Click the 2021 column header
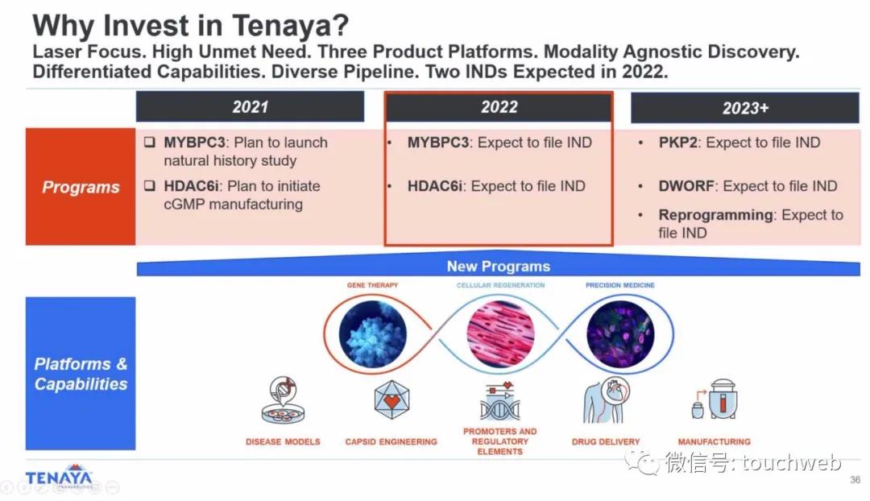coord(251,106)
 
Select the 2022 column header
coord(499,107)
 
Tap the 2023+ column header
coord(745,108)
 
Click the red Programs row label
coord(81,187)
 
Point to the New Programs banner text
coord(499,267)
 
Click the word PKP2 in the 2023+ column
coord(677,143)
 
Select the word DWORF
coord(686,186)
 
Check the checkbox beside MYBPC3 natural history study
coord(150,142)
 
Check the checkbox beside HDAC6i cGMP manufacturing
coord(150,185)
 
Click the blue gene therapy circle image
coord(372,334)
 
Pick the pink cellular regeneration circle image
coord(500,334)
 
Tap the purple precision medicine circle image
coord(620,334)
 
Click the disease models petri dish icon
coord(283,400)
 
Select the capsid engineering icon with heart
coord(391,400)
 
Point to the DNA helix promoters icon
coord(500,401)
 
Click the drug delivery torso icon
coord(607,400)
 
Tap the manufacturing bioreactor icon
coord(715,400)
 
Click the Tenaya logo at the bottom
coord(59,477)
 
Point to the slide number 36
coord(855,480)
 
